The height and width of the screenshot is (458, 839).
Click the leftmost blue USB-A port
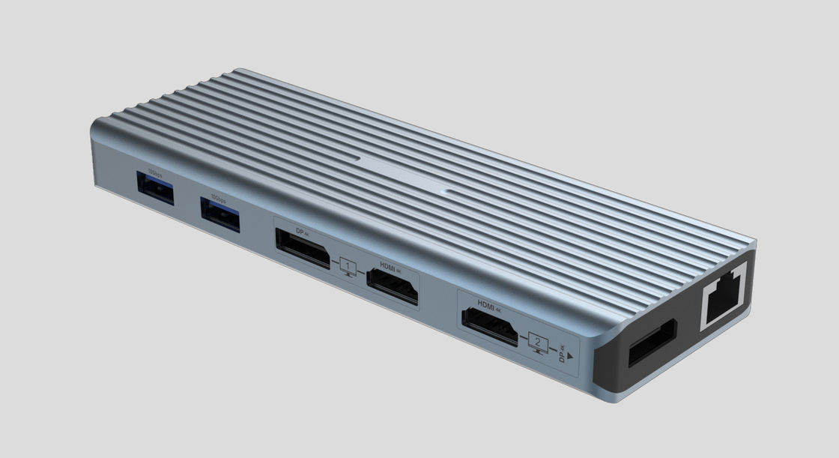(x=156, y=189)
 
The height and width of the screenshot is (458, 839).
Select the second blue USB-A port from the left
(x=220, y=214)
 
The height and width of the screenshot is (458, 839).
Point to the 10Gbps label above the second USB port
(x=218, y=198)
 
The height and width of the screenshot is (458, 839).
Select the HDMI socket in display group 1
(x=392, y=286)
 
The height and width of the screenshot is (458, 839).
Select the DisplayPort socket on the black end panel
(x=652, y=343)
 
